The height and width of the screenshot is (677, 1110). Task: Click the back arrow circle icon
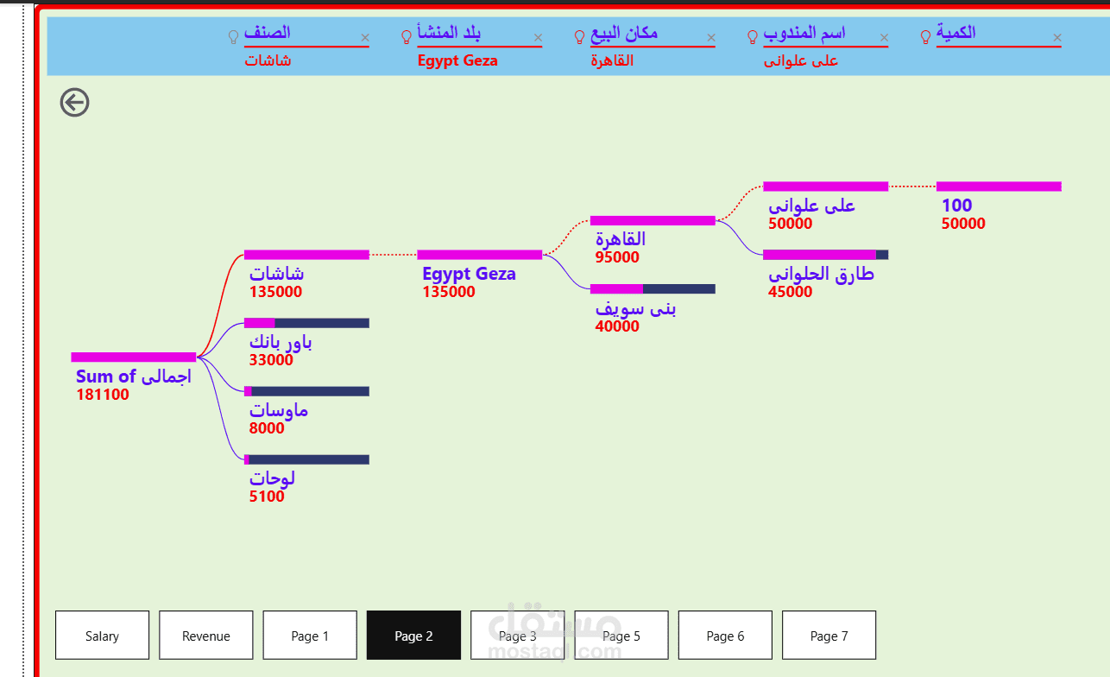75,103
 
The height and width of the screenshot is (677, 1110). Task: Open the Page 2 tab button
413,636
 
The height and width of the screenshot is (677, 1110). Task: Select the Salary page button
102,636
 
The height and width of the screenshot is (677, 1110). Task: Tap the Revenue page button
205,636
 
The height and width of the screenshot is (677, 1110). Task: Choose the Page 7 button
829,636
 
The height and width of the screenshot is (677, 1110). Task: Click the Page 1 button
309,636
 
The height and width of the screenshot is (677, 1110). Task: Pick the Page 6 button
725,636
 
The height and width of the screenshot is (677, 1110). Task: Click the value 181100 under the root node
103,395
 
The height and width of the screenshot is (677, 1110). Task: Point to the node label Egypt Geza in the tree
469,274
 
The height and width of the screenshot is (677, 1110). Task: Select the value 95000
617,257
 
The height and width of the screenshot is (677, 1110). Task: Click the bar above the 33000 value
306,323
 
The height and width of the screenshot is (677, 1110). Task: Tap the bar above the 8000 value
306,391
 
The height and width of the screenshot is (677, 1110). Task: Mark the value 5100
267,497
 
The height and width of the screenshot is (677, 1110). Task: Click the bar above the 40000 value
653,288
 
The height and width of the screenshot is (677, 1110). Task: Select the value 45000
790,292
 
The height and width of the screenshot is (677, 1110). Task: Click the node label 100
956,206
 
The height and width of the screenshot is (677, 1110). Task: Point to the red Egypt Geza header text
457,60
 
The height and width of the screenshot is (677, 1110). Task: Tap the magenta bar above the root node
134,357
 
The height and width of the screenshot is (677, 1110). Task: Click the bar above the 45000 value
825,255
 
